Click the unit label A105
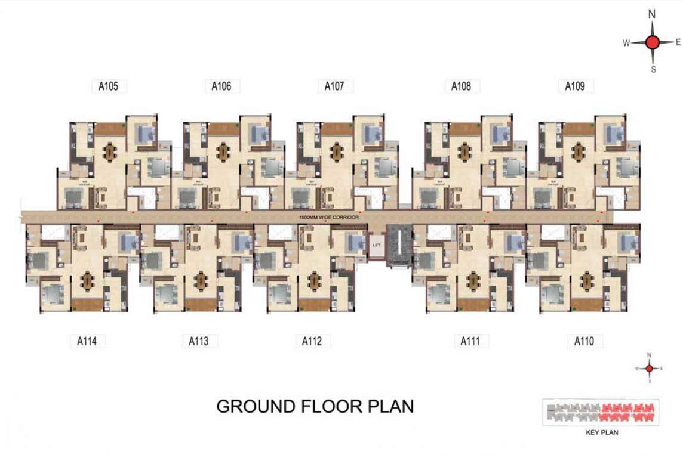click(108, 86)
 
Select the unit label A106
click(221, 86)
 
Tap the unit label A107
click(334, 86)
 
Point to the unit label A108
click(461, 86)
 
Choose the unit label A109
click(575, 86)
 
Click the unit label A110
click(584, 342)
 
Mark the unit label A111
click(470, 342)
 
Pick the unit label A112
click(312, 342)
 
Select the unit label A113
click(199, 342)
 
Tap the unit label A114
click(87, 342)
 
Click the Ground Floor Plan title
click(315, 407)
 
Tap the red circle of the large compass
click(653, 42)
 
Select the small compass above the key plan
click(649, 369)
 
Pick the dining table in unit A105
click(110, 152)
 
